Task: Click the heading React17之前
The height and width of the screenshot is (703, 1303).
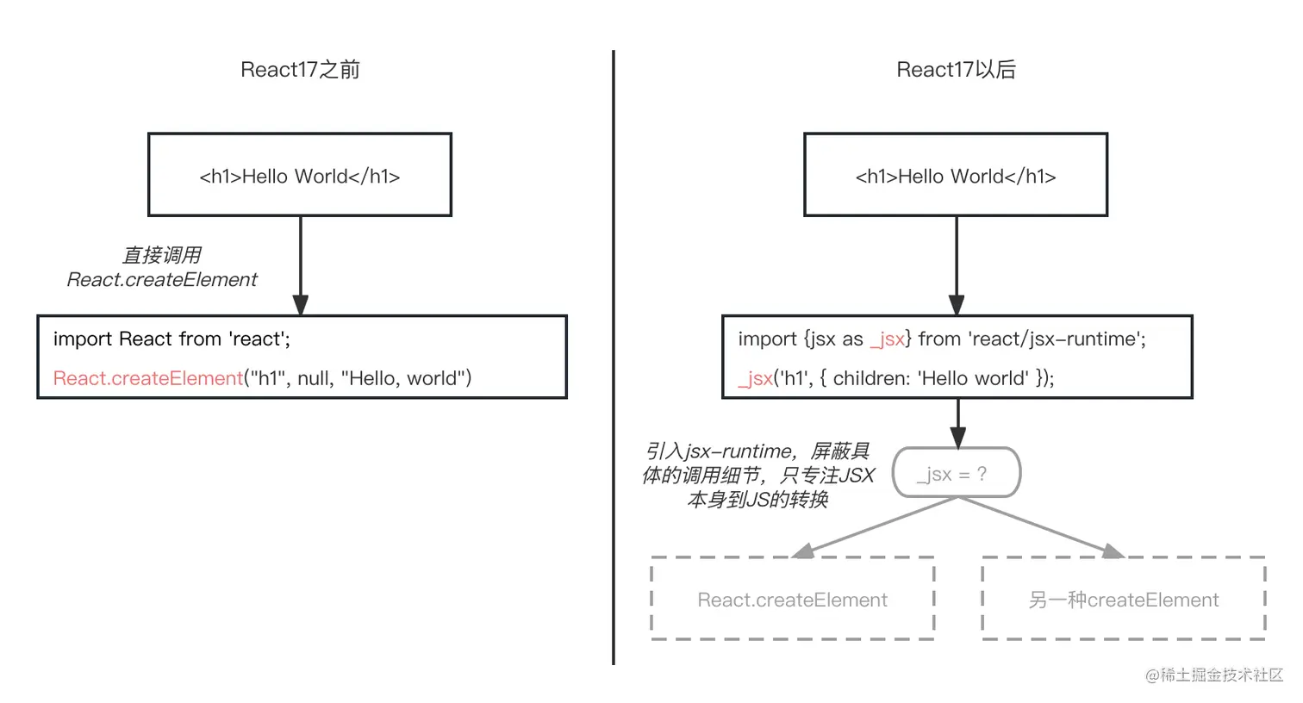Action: [300, 70]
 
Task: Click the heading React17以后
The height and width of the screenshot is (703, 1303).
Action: [956, 70]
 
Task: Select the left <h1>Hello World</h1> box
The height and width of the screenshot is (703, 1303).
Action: [300, 175]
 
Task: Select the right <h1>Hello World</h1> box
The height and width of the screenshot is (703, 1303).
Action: [956, 175]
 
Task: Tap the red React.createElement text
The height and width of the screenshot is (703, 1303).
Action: [147, 378]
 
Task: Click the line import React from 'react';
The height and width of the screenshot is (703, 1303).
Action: [171, 339]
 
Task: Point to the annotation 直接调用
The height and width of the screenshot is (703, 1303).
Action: [161, 255]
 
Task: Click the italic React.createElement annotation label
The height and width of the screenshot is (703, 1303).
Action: [161, 280]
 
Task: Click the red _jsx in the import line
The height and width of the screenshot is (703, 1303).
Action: [887, 339]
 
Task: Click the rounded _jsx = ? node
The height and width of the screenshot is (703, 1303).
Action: [956, 473]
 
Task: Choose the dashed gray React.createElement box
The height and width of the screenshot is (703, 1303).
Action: [792, 600]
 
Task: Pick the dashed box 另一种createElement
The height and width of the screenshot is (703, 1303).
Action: [1123, 600]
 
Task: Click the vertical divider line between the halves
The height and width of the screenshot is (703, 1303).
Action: [614, 358]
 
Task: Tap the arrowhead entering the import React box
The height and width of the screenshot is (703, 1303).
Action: [300, 305]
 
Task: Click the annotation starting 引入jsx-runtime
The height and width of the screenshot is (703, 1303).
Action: [757, 475]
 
